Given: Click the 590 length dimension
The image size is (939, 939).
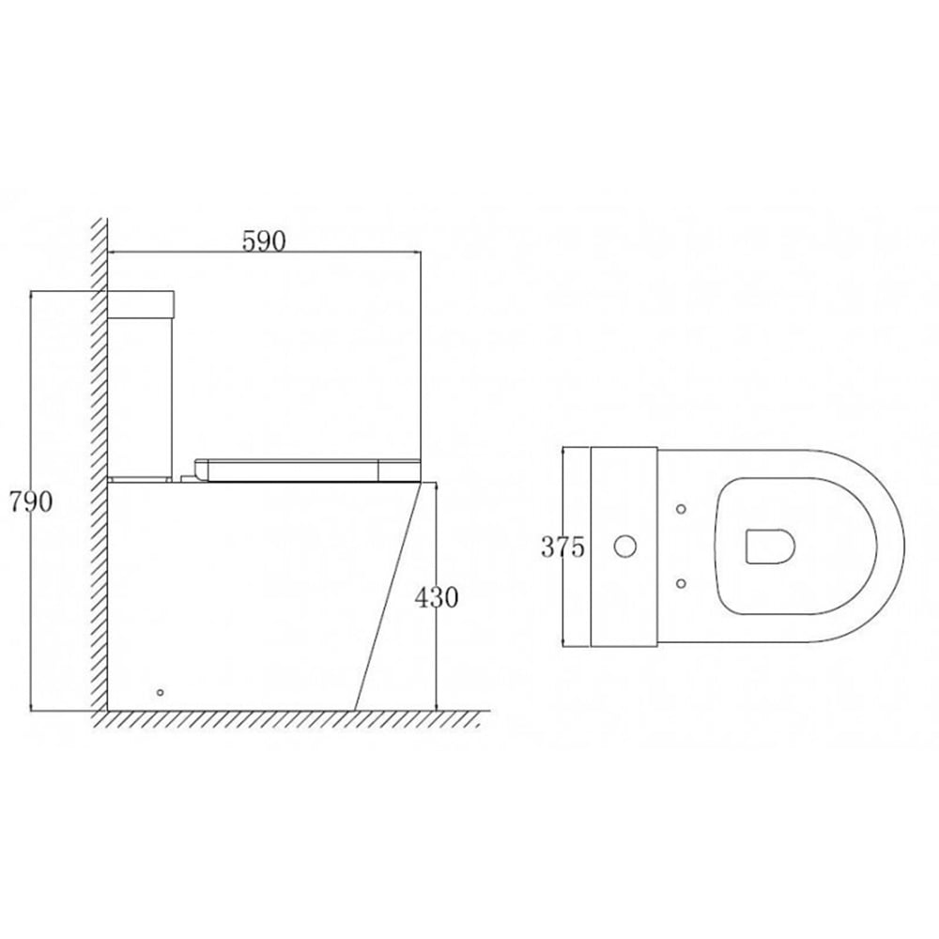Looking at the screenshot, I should click(264, 240).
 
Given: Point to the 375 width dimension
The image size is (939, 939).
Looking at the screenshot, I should click(562, 546).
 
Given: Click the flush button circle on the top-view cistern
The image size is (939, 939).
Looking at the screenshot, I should click(623, 546).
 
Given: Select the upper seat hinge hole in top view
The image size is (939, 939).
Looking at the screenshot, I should click(681, 509).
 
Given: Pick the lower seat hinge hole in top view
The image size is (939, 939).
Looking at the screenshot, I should click(681, 583).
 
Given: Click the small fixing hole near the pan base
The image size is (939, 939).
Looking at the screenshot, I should click(160, 692).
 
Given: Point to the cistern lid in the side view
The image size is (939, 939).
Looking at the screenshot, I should click(142, 303).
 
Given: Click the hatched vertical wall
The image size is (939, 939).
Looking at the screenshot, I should click(99, 469).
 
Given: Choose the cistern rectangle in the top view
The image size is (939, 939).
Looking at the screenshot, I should click(623, 546).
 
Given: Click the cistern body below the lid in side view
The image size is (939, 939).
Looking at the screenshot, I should click(142, 394).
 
